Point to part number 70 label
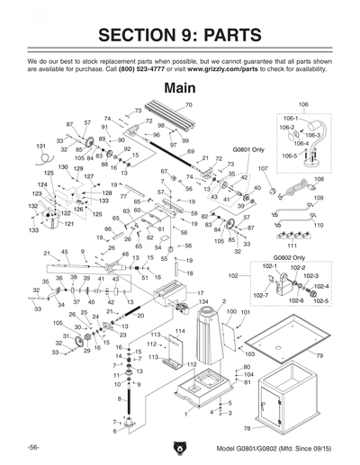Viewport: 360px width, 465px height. click(189, 105)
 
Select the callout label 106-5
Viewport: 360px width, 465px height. click(288, 156)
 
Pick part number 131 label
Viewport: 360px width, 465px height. click(40, 145)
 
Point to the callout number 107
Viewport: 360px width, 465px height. click(263, 168)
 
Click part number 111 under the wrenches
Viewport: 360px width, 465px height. click(292, 245)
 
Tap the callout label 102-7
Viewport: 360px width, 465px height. click(259, 295)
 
